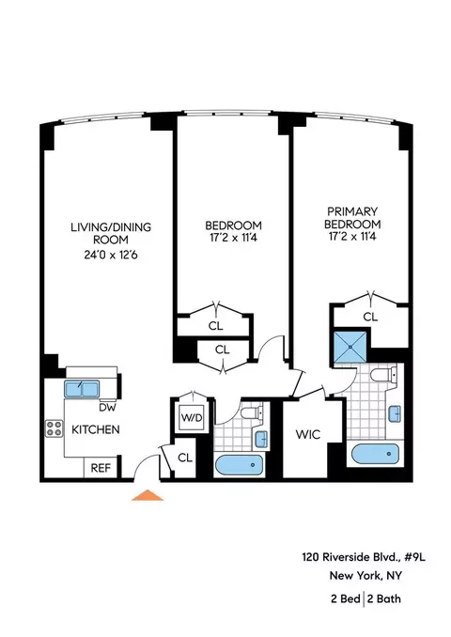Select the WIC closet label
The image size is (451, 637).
coord(308,435)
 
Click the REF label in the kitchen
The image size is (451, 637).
coord(100,467)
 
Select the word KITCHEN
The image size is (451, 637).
coord(95,430)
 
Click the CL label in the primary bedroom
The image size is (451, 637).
coord(369,318)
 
